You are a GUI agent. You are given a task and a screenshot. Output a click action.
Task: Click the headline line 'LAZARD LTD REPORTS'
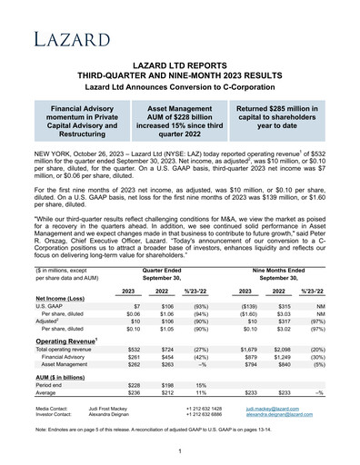[x=180, y=67]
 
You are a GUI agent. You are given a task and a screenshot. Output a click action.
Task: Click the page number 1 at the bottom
[x=180, y=451]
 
